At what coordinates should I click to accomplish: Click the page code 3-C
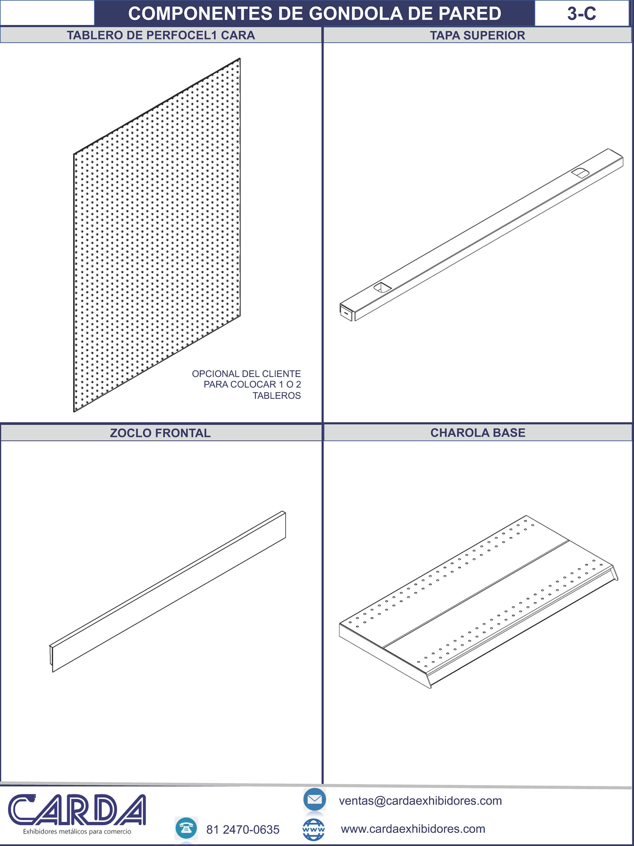click(x=582, y=14)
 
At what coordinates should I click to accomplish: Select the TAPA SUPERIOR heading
click(x=478, y=36)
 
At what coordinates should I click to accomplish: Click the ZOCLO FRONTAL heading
click(x=160, y=433)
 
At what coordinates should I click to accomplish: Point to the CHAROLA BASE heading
click(x=478, y=433)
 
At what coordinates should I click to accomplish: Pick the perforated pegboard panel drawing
click(x=157, y=235)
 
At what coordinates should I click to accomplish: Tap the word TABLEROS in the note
click(x=277, y=396)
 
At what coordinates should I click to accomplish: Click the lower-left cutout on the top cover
click(x=383, y=288)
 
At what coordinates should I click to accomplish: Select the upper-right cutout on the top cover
click(x=580, y=173)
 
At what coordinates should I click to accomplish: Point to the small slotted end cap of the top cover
click(x=346, y=312)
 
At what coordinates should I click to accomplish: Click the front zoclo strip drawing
click(x=168, y=591)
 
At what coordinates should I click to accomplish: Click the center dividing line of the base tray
click(x=476, y=594)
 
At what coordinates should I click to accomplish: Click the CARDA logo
click(x=77, y=810)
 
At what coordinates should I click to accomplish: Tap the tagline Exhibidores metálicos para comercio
click(x=77, y=832)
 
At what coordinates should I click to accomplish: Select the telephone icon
click(x=186, y=828)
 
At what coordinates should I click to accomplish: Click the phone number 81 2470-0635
click(x=243, y=830)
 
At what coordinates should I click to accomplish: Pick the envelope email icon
click(x=314, y=799)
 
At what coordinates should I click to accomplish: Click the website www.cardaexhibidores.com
click(x=413, y=829)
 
